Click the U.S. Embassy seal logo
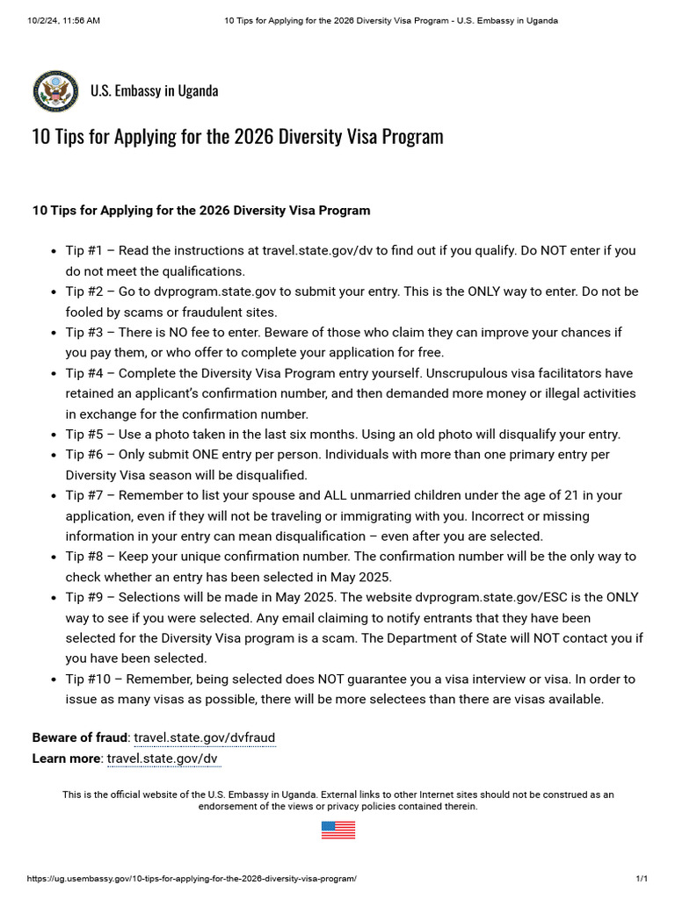tap(55, 91)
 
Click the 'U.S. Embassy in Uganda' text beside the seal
tap(154, 90)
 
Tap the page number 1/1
tap(642, 879)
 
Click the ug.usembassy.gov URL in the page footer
tap(192, 879)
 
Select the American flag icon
tap(337, 830)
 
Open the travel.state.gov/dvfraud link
tap(204, 738)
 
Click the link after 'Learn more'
tap(163, 759)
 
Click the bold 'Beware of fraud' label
tap(80, 738)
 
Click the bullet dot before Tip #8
tap(54, 557)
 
